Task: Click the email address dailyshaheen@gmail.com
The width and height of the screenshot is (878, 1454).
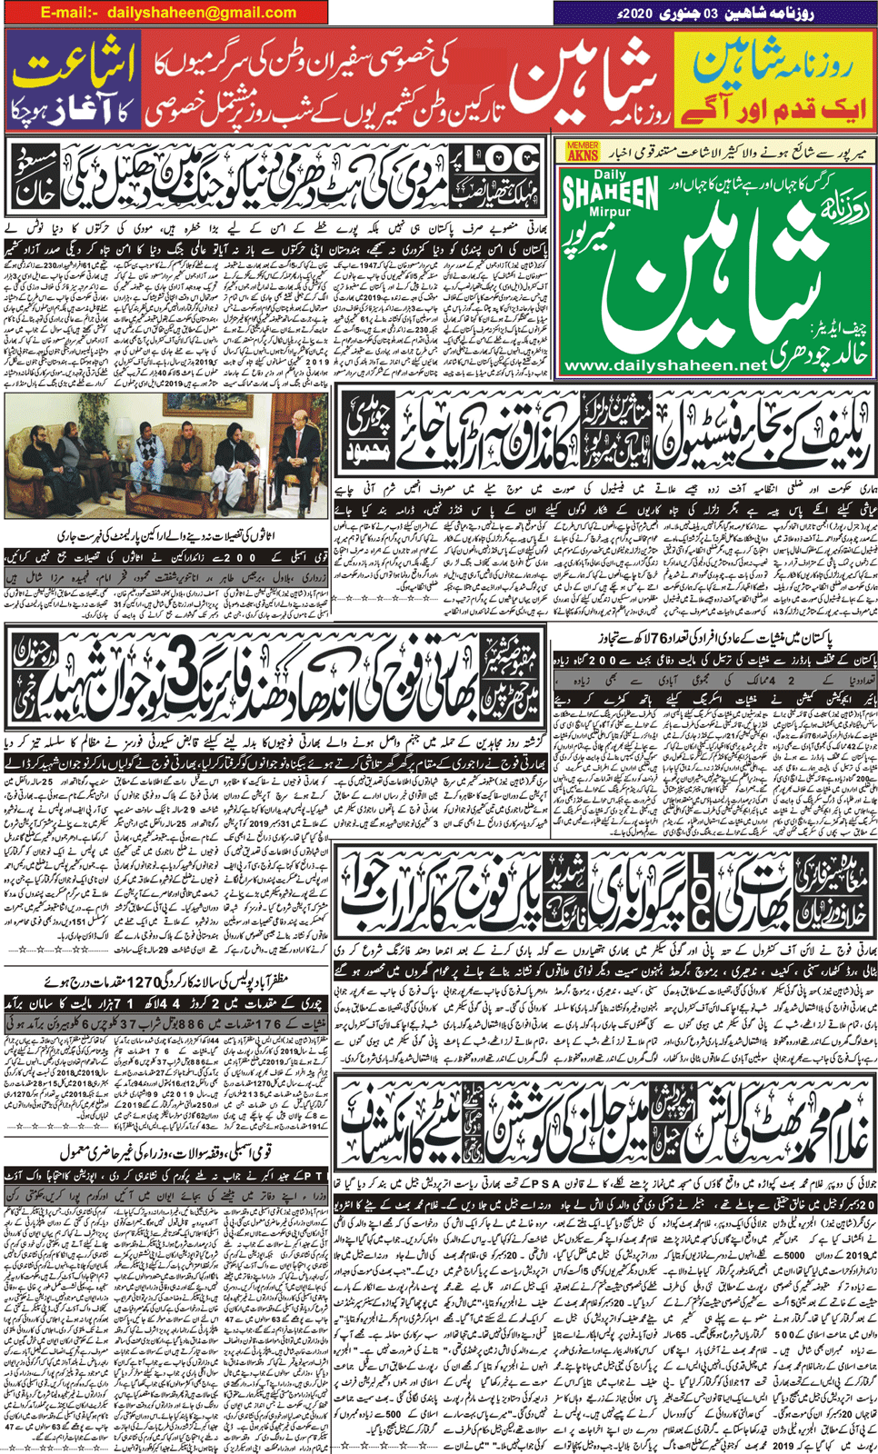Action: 202,13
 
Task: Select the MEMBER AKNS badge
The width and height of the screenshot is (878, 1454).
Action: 582,151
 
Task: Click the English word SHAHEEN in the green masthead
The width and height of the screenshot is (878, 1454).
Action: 610,193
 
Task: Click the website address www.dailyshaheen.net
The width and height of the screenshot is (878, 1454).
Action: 666,365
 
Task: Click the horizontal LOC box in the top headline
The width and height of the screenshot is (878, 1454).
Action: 501,160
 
